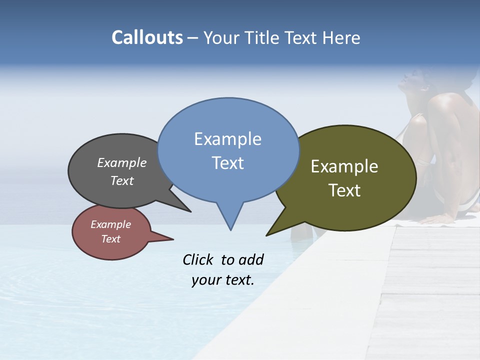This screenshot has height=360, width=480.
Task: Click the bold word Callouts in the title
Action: pos(147,37)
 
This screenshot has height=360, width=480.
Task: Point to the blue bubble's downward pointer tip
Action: pos(230,229)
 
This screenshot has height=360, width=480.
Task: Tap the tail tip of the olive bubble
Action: pos(267,235)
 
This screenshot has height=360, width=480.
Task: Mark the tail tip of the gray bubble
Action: pos(190,211)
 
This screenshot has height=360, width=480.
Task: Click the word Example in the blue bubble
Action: pos(227,139)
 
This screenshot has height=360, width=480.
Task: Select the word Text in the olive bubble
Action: pos(344,190)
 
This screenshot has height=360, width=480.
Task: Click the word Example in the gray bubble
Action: pos(122,162)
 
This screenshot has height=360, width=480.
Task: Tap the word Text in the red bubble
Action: pos(110,239)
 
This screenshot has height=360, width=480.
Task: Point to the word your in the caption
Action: pos(206,280)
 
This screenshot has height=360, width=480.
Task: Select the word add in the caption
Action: pos(251,259)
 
